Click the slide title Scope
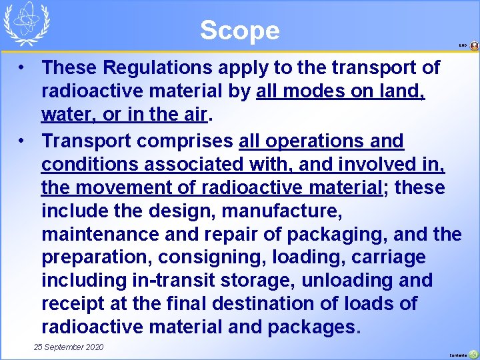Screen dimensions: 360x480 239,30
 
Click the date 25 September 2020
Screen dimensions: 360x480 69,347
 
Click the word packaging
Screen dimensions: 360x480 331,235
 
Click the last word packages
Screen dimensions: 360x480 314,327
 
